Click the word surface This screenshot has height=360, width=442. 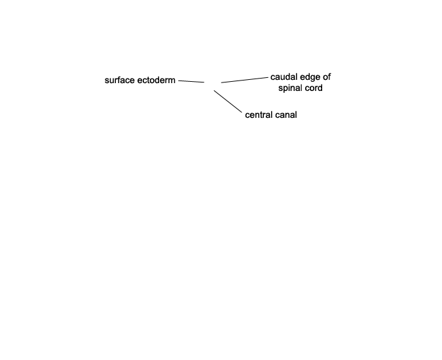[x=120, y=81]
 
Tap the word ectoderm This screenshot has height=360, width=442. [x=156, y=81]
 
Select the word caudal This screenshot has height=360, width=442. [x=283, y=77]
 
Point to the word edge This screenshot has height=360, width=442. [x=310, y=77]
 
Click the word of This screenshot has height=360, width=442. [x=327, y=77]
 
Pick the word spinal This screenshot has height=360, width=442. [x=291, y=88]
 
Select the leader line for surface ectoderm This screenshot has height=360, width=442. [x=191, y=81]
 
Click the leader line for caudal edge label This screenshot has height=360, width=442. [x=245, y=80]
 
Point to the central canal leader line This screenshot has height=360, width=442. [x=228, y=101]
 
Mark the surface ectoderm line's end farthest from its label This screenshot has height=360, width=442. [x=204, y=82]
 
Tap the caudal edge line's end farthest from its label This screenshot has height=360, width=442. [x=221, y=82]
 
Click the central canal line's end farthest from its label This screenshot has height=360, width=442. [x=214, y=90]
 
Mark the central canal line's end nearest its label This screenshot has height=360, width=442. [x=242, y=113]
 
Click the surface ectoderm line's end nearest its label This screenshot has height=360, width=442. [x=178, y=81]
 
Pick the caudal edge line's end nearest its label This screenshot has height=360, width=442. [x=268, y=77]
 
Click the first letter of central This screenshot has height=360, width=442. [x=248, y=115]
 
